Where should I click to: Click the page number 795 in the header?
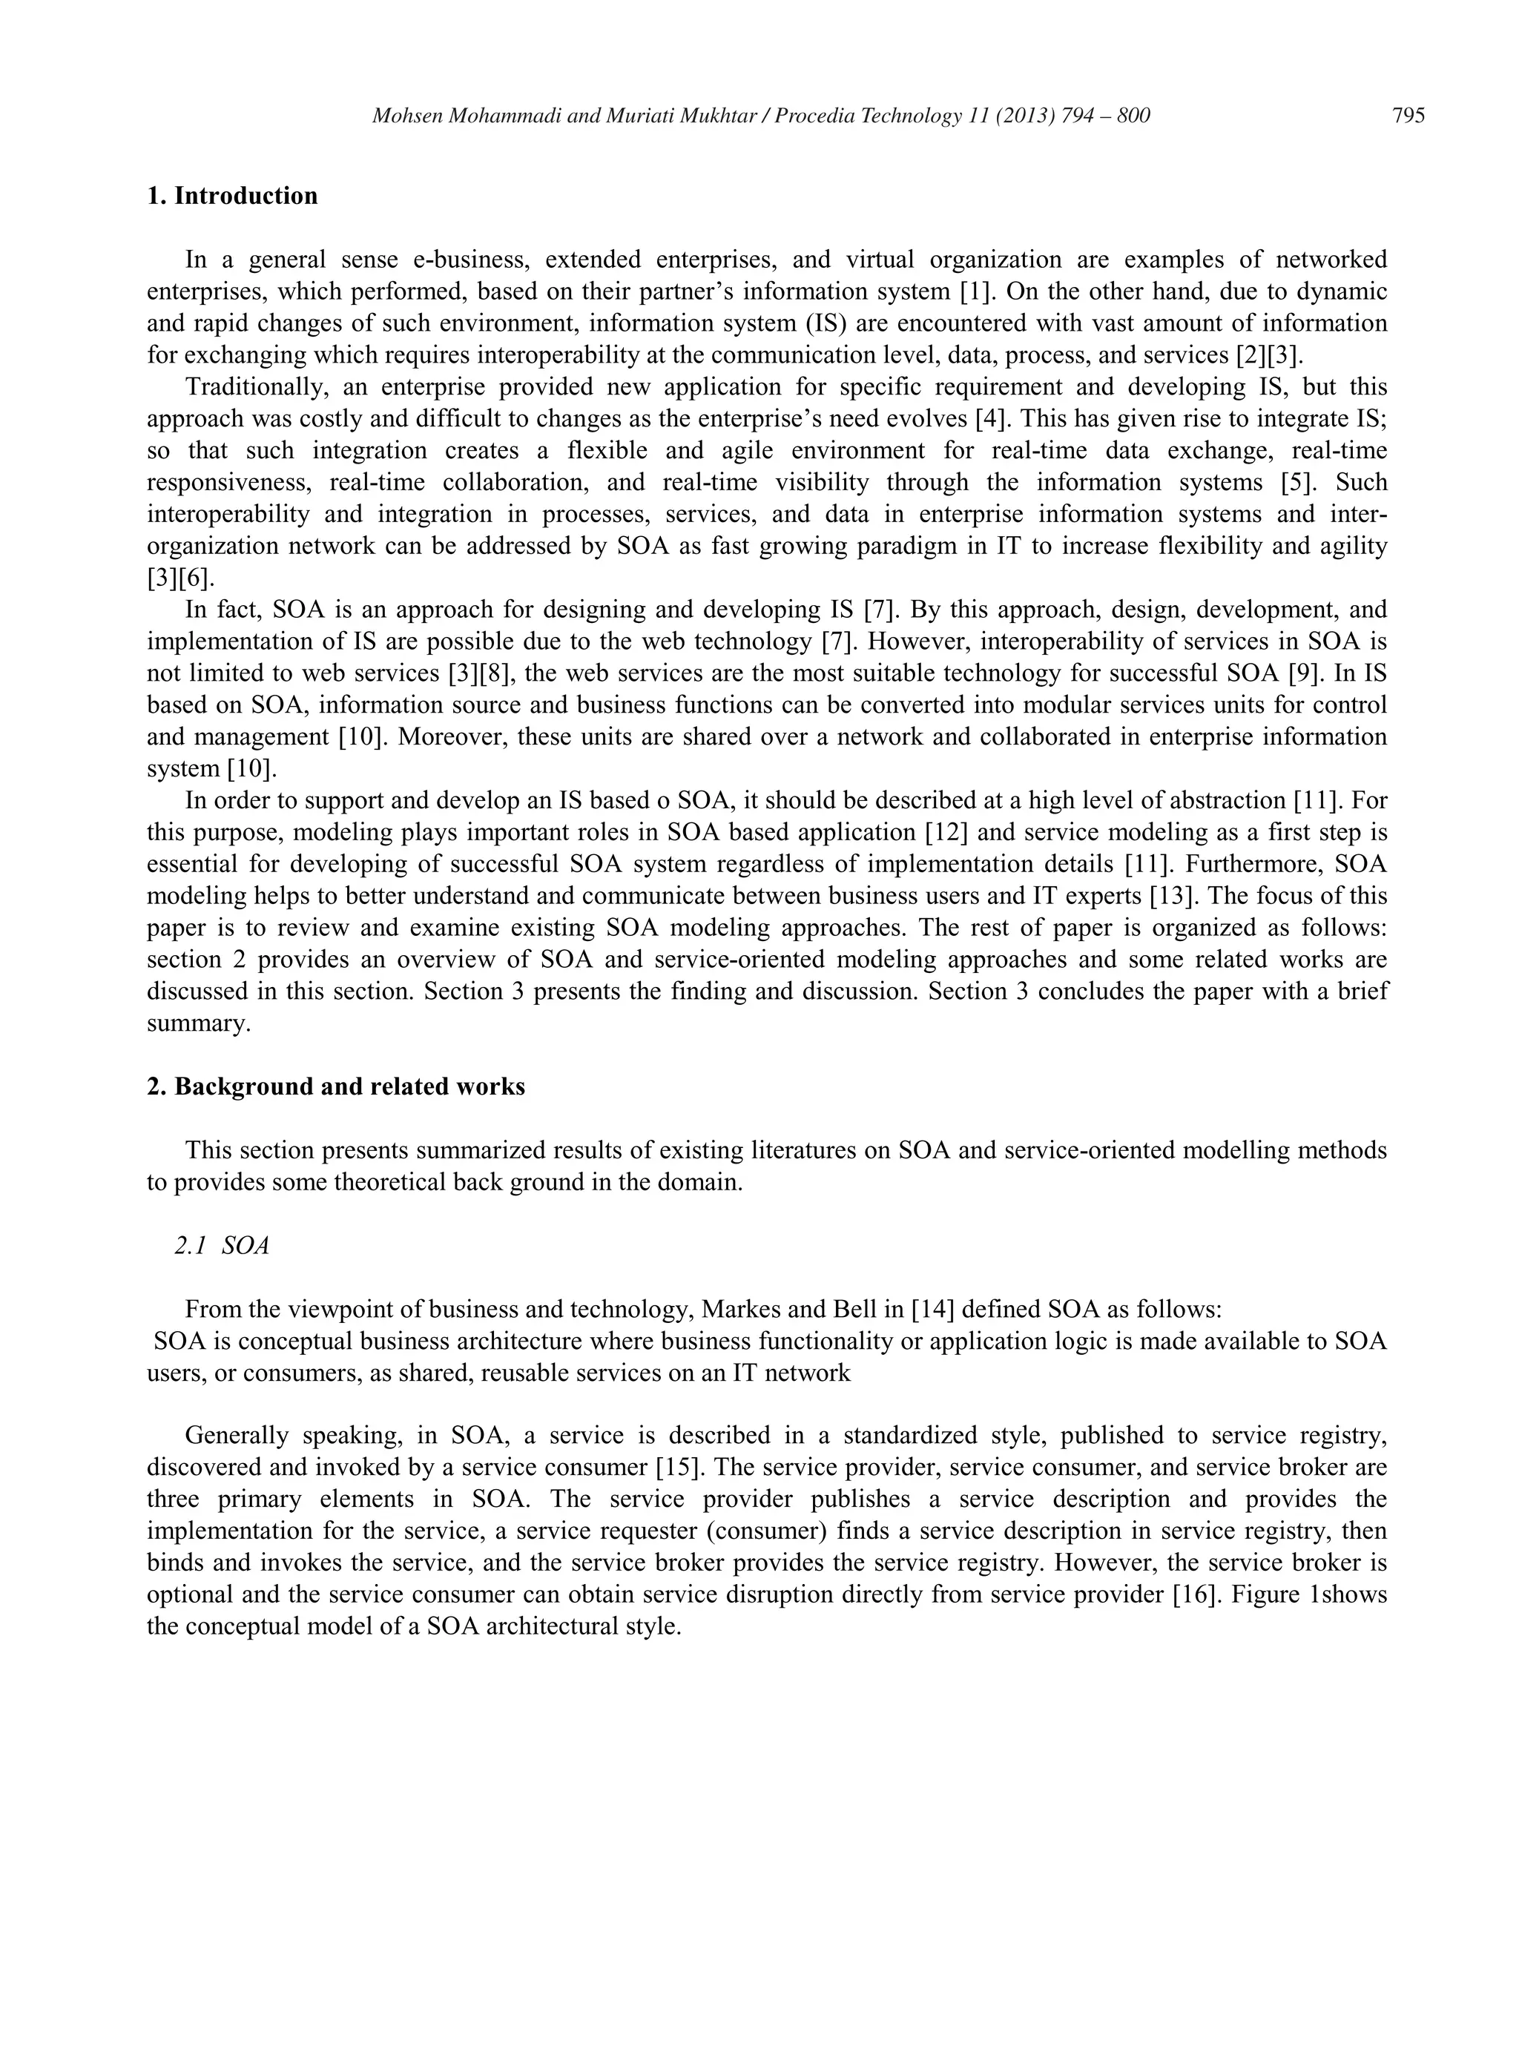tap(1408, 116)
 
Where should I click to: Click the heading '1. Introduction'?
tap(233, 196)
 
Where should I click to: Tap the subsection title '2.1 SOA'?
tap(222, 1246)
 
